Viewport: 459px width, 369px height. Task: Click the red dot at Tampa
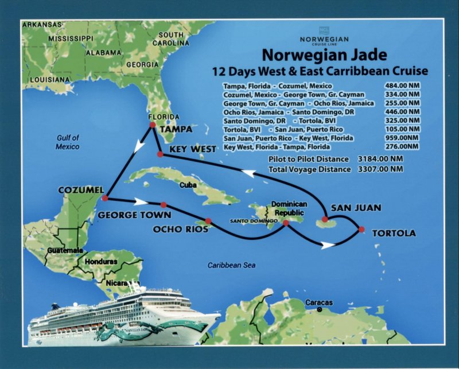[x=152, y=125]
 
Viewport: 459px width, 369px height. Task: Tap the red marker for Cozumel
[x=104, y=198]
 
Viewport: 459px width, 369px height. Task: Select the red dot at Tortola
[x=361, y=230]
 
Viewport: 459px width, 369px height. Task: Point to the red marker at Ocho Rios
[x=208, y=221]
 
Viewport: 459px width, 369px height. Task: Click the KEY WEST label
[x=193, y=149]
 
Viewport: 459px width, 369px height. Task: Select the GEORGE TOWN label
[x=134, y=215]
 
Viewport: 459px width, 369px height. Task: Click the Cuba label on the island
[x=188, y=185]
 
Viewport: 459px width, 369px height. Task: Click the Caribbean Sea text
[x=231, y=265]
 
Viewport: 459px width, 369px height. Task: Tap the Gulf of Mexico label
[x=68, y=142]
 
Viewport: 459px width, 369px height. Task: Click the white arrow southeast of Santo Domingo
[x=327, y=245]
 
